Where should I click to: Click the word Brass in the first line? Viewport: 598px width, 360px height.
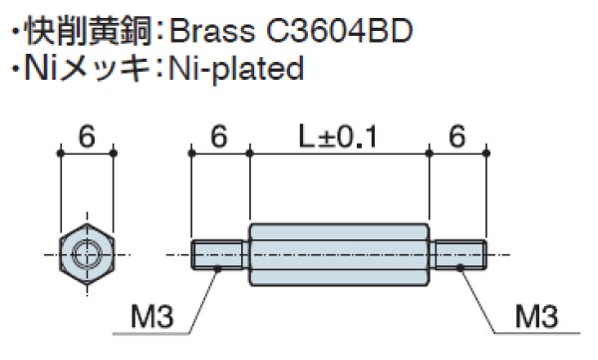coord(212,31)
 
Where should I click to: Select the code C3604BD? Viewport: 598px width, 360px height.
coord(339,31)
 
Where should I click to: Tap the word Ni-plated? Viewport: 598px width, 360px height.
coord(236,69)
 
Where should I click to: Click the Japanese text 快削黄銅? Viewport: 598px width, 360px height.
coord(88,31)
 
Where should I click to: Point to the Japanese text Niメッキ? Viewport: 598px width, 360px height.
coord(87,69)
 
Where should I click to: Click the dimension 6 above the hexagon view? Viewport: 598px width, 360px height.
coord(87,137)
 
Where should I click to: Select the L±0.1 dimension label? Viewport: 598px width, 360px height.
coord(338,137)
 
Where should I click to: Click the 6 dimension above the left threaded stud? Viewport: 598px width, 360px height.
coord(219,137)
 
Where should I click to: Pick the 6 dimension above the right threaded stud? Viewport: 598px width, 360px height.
coord(457,137)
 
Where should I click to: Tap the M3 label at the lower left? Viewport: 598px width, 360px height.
coord(151,316)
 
